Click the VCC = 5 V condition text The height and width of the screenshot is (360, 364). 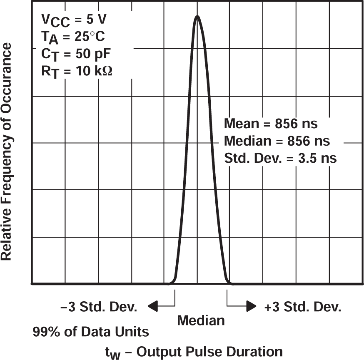point(74,20)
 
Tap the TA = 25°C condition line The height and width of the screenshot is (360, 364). point(73,37)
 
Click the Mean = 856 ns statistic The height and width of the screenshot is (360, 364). point(271,124)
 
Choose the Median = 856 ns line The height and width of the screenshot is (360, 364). point(277,141)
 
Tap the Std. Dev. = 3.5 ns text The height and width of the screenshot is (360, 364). point(280,158)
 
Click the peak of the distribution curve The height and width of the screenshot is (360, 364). point(197,17)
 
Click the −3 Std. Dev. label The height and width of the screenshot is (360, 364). point(99,308)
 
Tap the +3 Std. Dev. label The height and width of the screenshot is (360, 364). point(303,308)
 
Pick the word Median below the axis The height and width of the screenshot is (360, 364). point(201,320)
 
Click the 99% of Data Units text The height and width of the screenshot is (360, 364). point(90,332)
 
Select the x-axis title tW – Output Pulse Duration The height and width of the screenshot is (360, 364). point(194,351)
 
